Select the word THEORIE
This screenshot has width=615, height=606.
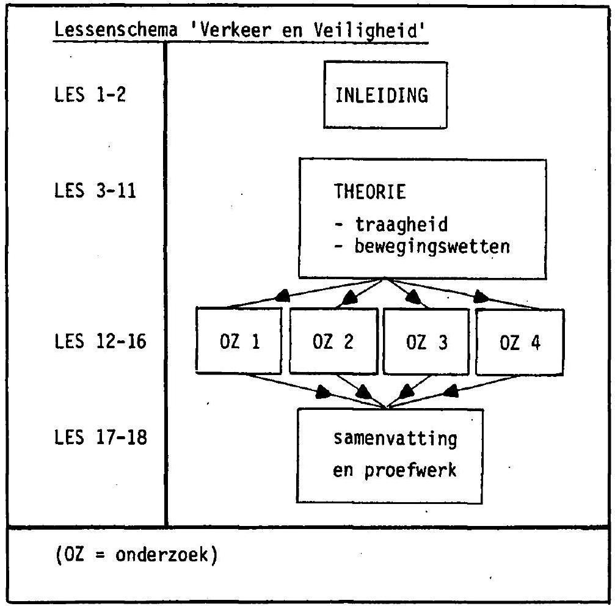[370, 192]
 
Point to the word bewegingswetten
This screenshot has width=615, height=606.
[432, 247]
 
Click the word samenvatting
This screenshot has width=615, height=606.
[395, 439]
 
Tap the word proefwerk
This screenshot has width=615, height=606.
[410, 470]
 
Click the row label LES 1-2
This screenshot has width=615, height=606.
[90, 95]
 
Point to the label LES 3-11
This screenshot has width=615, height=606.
[95, 191]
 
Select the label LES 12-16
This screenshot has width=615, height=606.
[100, 341]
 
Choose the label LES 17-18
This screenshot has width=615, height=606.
[101, 437]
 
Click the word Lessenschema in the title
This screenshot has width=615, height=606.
[115, 30]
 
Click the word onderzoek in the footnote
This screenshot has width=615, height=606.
[161, 555]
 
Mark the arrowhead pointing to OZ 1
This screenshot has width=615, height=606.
[282, 296]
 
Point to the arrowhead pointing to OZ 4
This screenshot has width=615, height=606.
[481, 297]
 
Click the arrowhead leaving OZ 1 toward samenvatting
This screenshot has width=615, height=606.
[323, 392]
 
